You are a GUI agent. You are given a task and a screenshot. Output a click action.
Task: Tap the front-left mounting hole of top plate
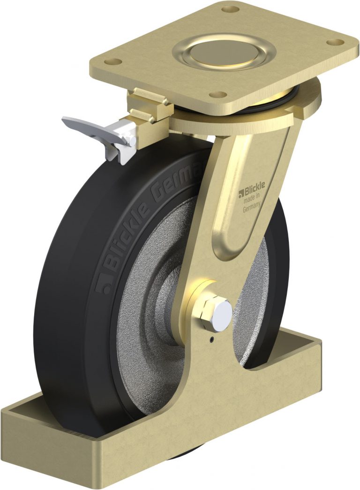point(113,61)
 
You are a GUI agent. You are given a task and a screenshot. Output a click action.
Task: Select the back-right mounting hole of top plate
point(335,42)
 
